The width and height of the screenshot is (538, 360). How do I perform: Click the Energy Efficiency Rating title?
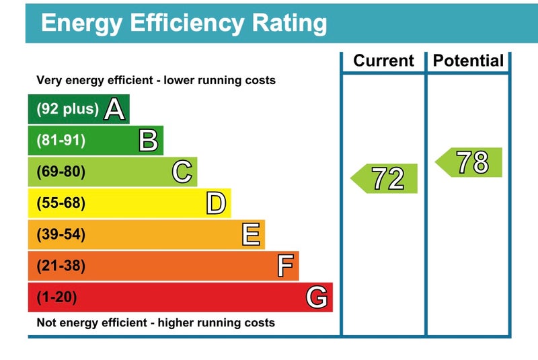point(184,24)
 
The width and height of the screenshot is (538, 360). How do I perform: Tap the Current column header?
point(383,61)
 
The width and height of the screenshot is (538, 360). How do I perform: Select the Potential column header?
point(468,61)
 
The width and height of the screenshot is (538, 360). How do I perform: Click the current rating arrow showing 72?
point(385,178)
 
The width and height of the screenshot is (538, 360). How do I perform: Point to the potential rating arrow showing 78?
point(469,162)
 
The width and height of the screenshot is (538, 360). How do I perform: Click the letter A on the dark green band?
point(115,109)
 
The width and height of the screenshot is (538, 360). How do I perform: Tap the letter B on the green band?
point(148,141)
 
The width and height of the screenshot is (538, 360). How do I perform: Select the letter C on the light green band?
point(182,172)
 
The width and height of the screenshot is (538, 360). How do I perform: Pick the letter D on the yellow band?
point(216,203)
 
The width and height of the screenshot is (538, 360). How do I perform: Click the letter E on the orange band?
point(250,235)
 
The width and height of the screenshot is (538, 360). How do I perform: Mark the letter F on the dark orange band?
point(285,266)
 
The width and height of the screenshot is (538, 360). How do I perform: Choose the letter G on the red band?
point(317,297)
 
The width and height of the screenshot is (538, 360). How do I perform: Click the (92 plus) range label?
point(67,109)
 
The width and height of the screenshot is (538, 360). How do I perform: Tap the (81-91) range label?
point(61,141)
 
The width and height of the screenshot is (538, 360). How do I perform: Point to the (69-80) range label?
point(61,172)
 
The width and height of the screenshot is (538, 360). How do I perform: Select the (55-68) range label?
point(61,203)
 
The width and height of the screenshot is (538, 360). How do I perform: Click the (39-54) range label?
point(61,235)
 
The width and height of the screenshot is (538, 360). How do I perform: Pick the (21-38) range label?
point(61,266)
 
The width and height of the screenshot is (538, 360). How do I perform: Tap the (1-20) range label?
point(57,297)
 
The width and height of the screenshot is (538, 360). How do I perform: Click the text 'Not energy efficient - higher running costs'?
point(155,323)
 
